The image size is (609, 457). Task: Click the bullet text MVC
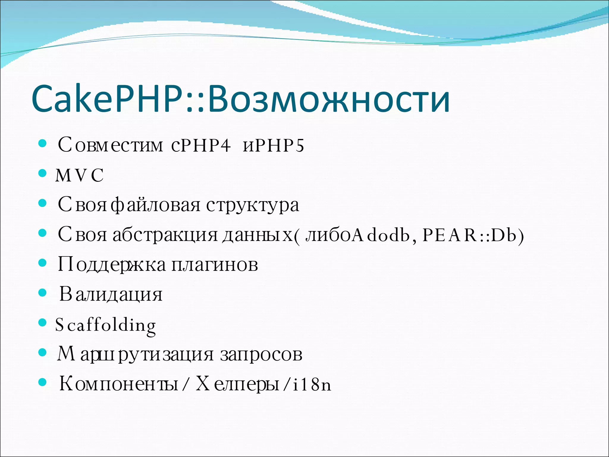click(79, 175)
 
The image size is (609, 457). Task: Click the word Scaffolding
click(106, 325)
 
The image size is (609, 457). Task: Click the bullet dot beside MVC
click(43, 173)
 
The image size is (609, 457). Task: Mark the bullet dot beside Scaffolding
click(43, 323)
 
